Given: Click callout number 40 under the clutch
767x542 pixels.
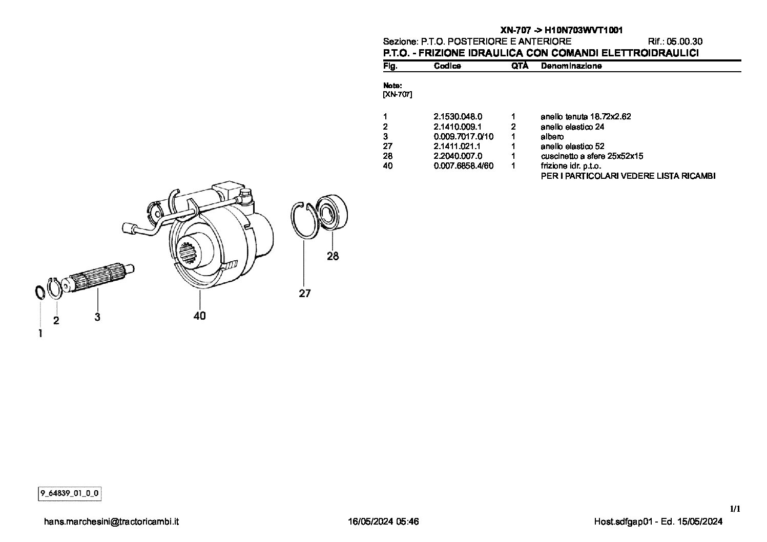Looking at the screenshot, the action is pos(200,316).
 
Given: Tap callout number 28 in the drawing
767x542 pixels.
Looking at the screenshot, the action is pos(333,256).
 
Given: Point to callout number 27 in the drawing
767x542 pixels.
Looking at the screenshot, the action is pos(305,294).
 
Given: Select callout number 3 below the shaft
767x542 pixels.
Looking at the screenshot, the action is pos(97,317).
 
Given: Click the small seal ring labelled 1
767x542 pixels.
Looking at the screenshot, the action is pos(40,293).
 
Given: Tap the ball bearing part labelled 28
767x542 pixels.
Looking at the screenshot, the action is pos(331,213).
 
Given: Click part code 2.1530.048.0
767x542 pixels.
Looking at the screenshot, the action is pos(458,117).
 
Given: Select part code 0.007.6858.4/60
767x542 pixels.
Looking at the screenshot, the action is pos(464,166).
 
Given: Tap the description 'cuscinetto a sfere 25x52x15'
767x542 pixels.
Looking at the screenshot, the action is pos(592,156).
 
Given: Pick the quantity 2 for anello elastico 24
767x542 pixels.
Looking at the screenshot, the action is pos(513,127).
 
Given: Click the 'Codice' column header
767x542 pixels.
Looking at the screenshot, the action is pos(447,66).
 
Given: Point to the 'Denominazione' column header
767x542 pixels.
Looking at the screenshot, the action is pos(571,66).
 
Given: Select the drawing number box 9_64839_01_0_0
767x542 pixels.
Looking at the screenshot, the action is pos(70,493).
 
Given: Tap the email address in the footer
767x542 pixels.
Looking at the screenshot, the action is pos(111,522).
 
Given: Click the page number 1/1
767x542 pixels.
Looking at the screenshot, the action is pos(735,509).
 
